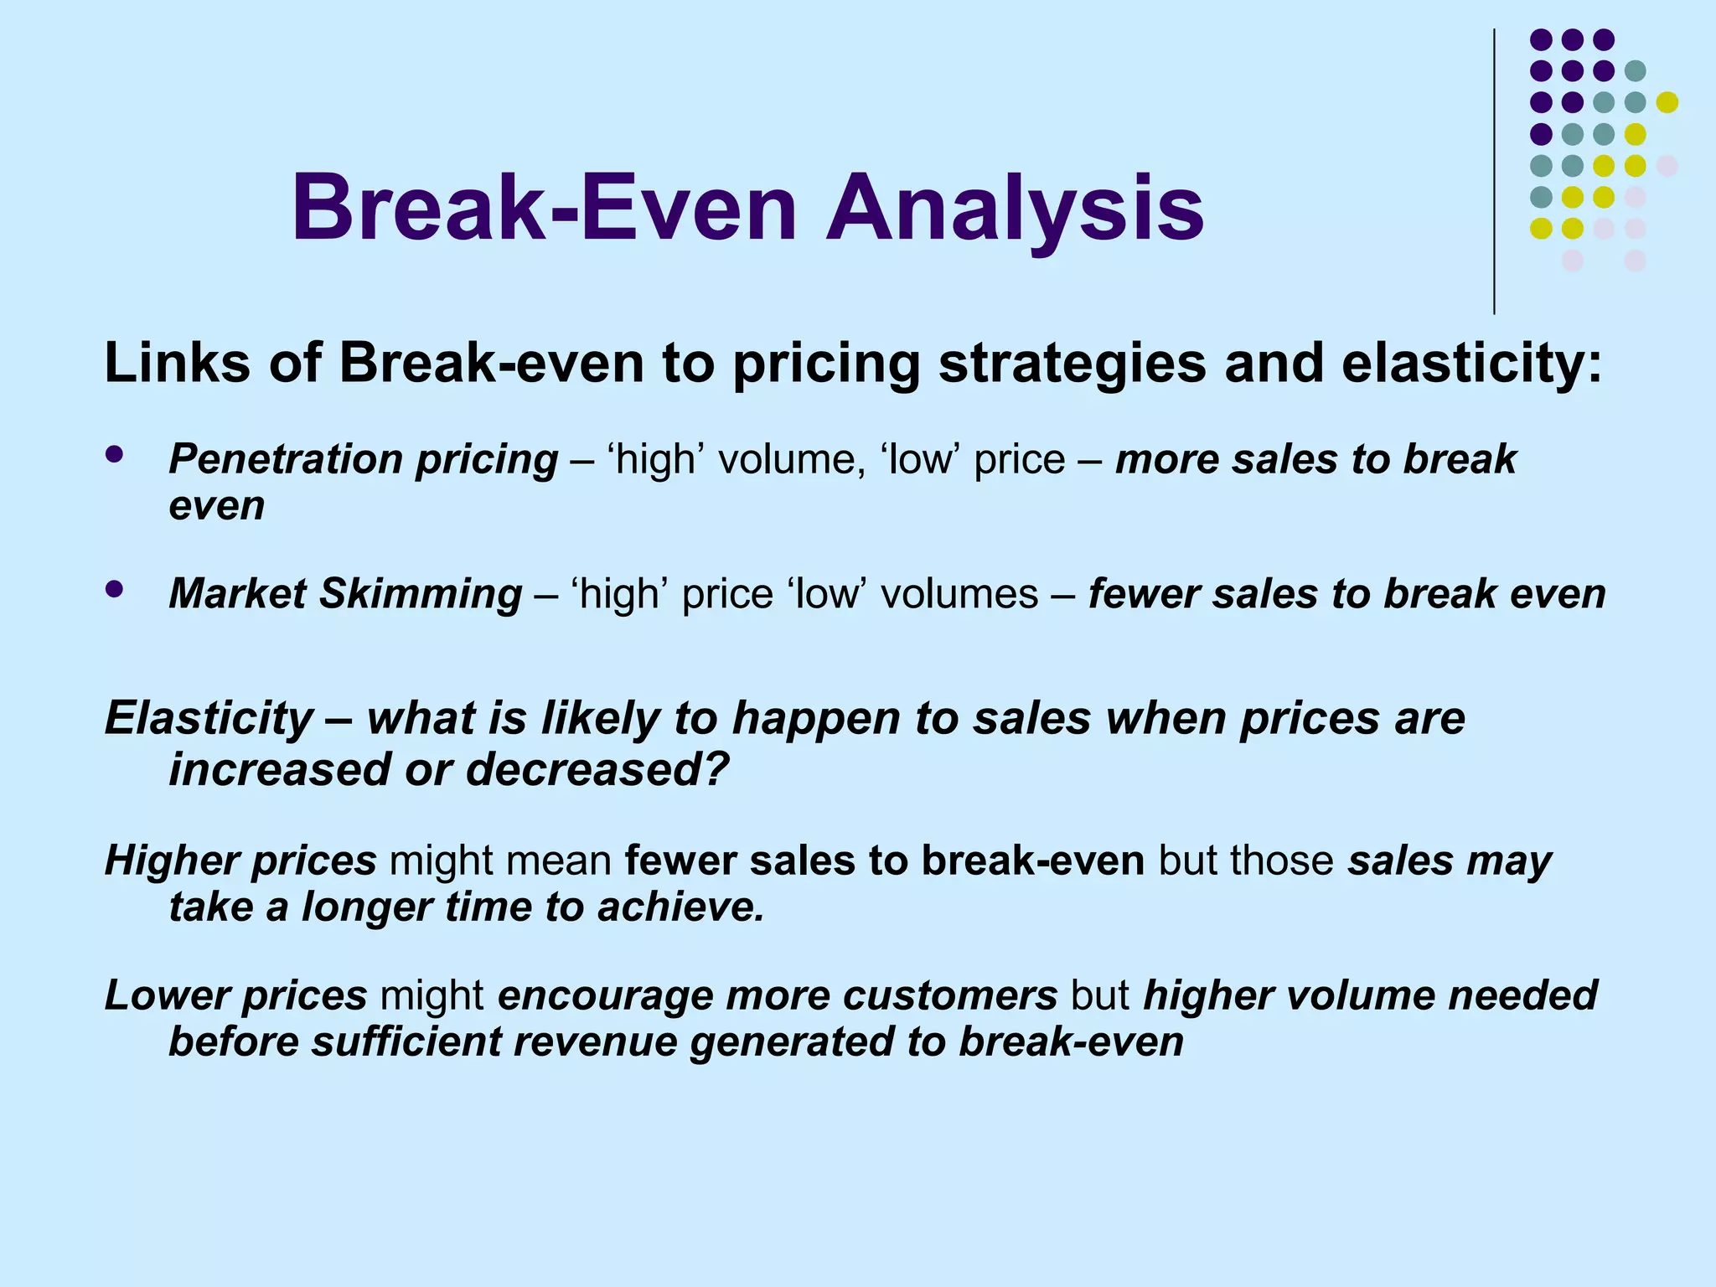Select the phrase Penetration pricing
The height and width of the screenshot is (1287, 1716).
363,460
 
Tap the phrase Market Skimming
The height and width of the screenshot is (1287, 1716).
345,594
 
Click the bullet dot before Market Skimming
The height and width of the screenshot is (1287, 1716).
115,589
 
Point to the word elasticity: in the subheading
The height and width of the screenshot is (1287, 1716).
1471,364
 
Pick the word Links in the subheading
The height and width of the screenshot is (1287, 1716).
177,364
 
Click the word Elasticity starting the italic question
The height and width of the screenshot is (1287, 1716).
209,719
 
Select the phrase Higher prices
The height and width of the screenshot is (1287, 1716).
240,861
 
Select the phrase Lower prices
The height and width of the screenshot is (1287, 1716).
235,995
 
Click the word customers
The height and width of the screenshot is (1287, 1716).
950,995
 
